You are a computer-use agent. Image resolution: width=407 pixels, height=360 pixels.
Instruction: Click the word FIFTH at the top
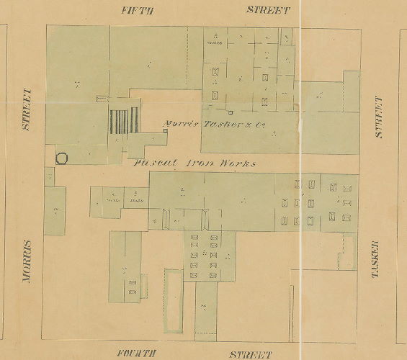[x=138, y=9]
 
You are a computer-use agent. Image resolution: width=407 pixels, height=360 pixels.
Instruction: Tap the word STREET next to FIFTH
[x=269, y=9]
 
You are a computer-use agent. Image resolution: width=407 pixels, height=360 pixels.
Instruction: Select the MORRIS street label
[x=29, y=262]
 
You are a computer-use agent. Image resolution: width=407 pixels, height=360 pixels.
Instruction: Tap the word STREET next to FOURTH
[x=250, y=354]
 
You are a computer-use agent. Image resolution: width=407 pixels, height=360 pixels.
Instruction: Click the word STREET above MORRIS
[x=28, y=109]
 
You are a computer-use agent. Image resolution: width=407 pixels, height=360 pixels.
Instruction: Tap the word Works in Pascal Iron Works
[x=238, y=163]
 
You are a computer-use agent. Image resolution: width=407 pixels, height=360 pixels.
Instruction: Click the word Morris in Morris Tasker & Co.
[x=180, y=123]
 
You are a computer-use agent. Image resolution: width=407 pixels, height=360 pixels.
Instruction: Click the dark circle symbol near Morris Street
[x=62, y=158]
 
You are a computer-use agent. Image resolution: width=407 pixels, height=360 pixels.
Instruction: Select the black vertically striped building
[x=123, y=120]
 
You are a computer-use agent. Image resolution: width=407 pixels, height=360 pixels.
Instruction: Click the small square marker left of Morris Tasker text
[x=166, y=132]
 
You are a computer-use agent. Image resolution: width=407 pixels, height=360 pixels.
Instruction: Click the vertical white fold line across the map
[x=297, y=180]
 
